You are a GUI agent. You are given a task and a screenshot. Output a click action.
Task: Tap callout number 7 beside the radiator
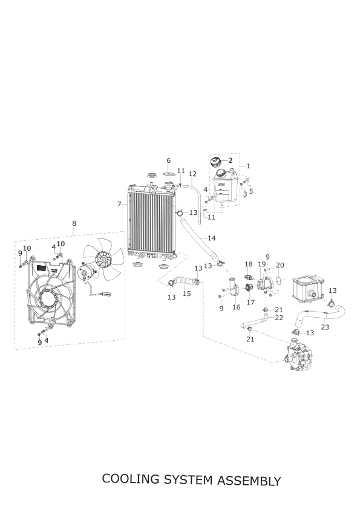point(119,204)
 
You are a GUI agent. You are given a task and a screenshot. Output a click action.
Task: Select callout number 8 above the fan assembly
point(74,223)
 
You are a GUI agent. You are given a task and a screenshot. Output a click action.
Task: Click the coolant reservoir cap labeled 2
point(217,162)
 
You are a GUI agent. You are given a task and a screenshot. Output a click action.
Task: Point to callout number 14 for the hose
point(212,238)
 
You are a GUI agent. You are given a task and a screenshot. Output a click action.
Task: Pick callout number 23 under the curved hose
point(325,327)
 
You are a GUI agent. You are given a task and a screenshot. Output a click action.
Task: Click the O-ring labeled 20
point(278,279)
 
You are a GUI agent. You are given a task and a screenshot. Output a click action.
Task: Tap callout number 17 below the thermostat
point(250,303)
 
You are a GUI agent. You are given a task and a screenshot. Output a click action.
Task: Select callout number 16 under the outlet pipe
point(237,307)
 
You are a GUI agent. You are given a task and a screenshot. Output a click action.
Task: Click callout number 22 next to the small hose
point(279,318)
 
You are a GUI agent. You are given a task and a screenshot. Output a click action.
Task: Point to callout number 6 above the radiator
point(168,160)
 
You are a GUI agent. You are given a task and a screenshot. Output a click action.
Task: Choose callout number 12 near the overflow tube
point(192,174)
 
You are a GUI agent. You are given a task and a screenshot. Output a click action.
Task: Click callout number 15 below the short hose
point(186,294)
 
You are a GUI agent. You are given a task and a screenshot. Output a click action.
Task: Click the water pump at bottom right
point(299,356)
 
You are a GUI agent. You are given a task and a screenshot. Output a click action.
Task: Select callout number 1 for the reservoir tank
point(248,166)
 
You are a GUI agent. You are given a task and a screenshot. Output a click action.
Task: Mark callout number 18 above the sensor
point(249,264)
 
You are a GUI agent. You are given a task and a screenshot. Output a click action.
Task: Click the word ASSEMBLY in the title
point(249,481)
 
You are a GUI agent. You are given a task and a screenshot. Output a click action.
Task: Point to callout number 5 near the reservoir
point(251,191)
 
